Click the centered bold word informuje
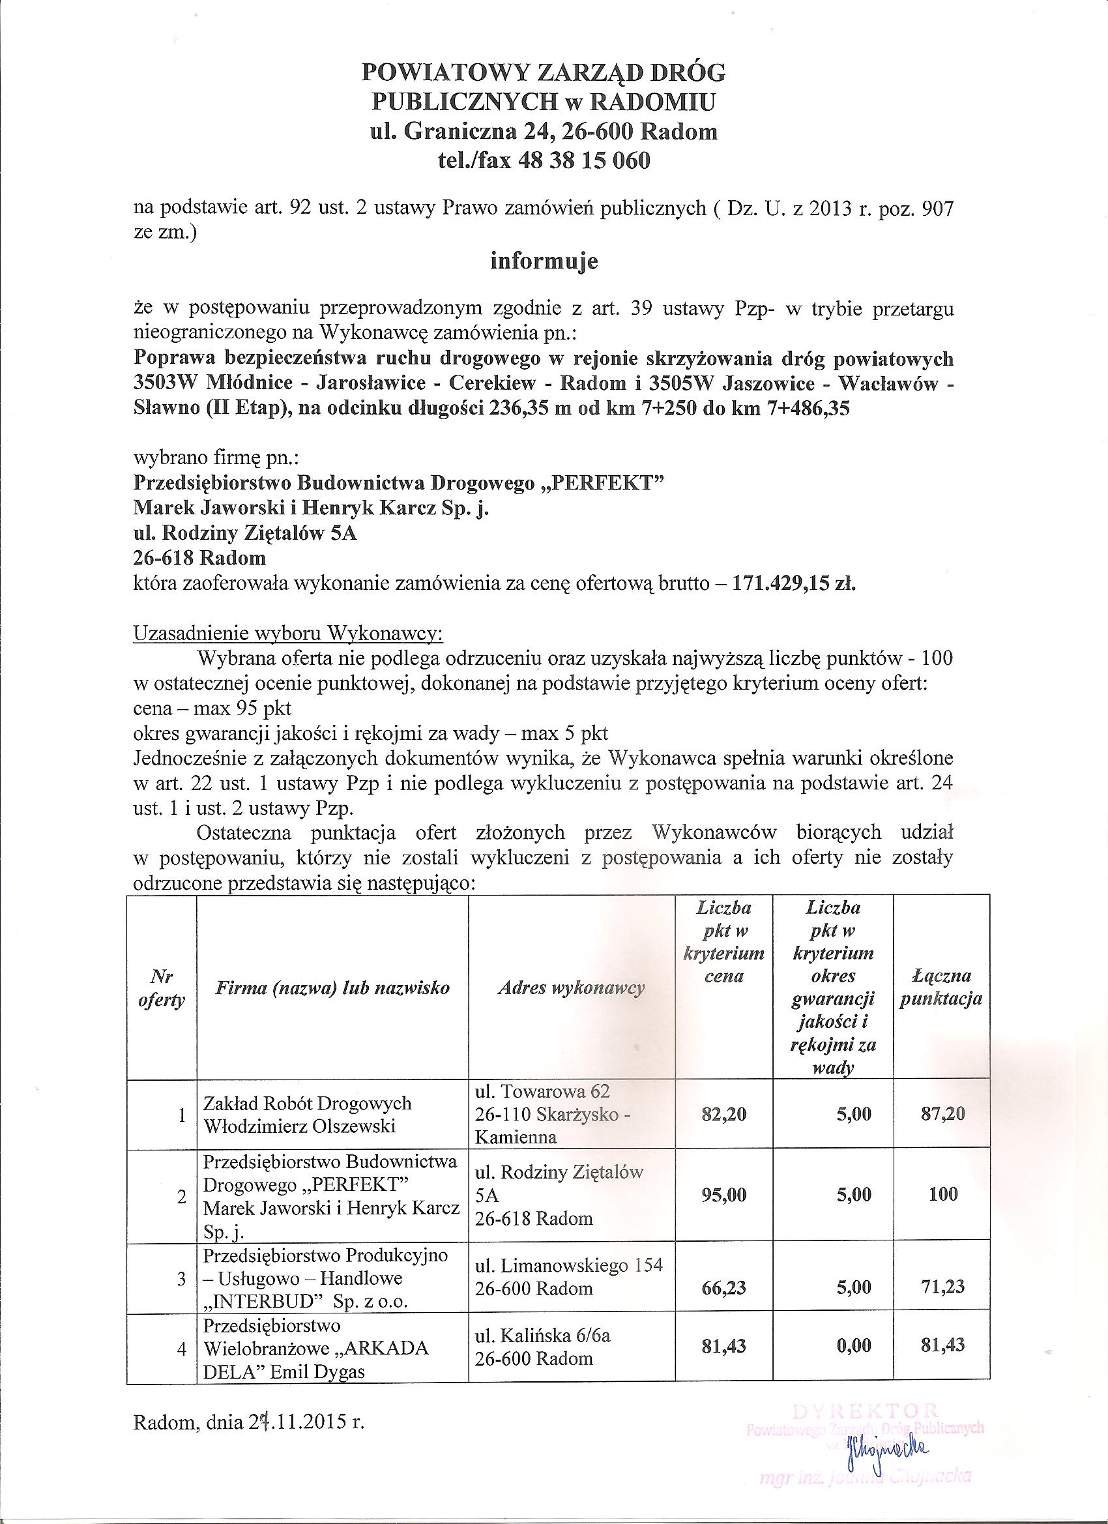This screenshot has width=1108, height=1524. tap(544, 261)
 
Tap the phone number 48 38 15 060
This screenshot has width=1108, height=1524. tap(585, 161)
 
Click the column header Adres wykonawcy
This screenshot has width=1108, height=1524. tap(571, 988)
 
